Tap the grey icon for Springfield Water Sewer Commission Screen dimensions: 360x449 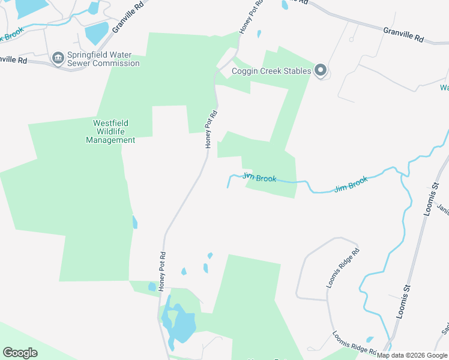[x=59, y=58]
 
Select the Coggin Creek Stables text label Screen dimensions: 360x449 [x=271, y=71]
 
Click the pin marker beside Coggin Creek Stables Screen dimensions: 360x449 [x=321, y=71]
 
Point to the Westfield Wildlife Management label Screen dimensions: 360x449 [x=110, y=131]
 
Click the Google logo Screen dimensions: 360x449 [x=20, y=352]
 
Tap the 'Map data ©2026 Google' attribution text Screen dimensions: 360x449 [x=412, y=355]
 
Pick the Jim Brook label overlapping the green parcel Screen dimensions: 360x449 [x=259, y=178]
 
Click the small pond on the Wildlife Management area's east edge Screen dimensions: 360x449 [x=134, y=223]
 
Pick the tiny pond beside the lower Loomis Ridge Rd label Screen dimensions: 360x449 [x=369, y=340]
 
